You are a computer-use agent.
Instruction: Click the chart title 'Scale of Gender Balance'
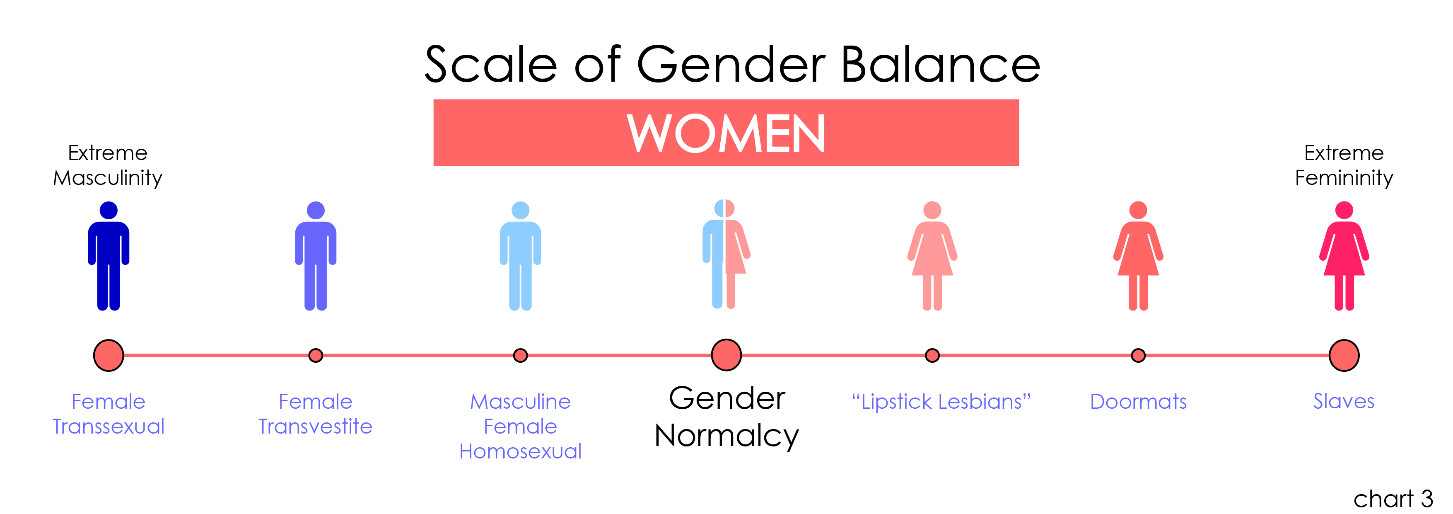pyautogui.click(x=732, y=64)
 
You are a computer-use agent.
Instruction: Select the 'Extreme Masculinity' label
pyautogui.click(x=108, y=165)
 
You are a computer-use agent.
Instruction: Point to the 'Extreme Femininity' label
pyautogui.click(x=1344, y=165)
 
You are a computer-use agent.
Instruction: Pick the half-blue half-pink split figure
pyautogui.click(x=726, y=254)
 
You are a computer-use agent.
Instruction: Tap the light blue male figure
pyautogui.click(x=520, y=256)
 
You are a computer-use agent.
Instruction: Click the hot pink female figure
pyautogui.click(x=1344, y=256)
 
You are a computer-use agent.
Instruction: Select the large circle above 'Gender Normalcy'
pyautogui.click(x=726, y=355)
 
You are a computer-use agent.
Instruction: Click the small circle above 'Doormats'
pyautogui.click(x=1138, y=356)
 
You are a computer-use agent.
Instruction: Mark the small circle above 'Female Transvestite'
pyautogui.click(x=316, y=356)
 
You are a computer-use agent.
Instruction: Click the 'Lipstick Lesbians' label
pyautogui.click(x=941, y=402)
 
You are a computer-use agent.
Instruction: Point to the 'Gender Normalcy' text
pyautogui.click(x=726, y=417)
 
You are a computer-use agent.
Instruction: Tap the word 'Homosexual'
pyautogui.click(x=520, y=451)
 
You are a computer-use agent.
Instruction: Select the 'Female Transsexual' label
pyautogui.click(x=108, y=414)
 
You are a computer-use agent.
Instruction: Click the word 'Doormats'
pyautogui.click(x=1138, y=402)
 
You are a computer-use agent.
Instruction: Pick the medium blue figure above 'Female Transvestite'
pyautogui.click(x=316, y=256)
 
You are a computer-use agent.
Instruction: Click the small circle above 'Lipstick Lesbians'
pyautogui.click(x=932, y=356)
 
